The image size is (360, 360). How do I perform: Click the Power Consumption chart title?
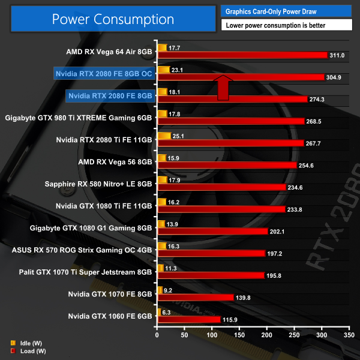pos(113,19)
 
